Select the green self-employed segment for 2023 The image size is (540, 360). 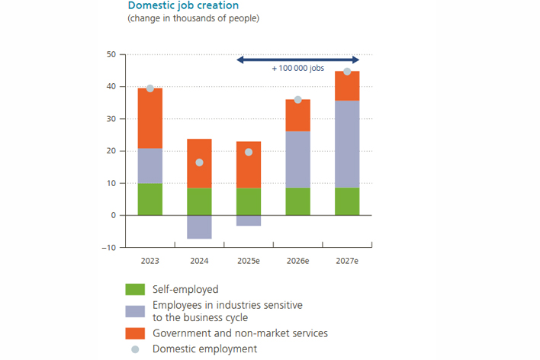[150, 199]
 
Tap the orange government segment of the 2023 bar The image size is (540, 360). [150, 118]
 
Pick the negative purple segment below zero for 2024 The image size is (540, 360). [200, 227]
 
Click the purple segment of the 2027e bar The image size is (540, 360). [347, 144]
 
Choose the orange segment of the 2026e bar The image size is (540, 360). [298, 115]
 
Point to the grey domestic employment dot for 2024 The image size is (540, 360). [200, 162]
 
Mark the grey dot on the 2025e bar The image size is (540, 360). [249, 152]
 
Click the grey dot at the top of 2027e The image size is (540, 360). [347, 72]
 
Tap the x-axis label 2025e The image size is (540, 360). [249, 261]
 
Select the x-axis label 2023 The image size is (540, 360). [150, 261]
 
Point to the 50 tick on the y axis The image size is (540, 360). [111, 55]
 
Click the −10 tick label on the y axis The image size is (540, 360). [109, 247]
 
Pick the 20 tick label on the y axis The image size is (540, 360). [111, 151]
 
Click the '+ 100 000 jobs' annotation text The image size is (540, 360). [298, 68]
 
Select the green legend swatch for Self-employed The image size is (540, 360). [135, 290]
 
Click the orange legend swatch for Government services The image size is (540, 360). [135, 333]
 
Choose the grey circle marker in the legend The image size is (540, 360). [135, 349]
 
